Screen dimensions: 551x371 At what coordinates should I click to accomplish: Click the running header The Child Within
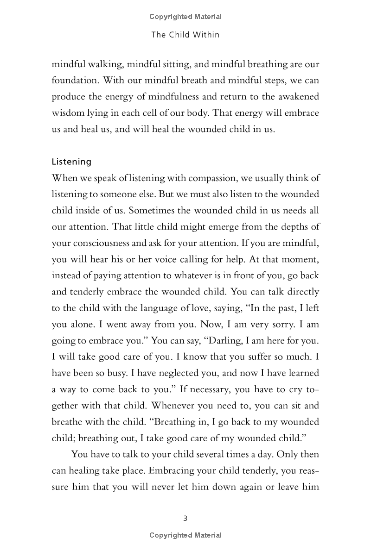[x=185, y=35]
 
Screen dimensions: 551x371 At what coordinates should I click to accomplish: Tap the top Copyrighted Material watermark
[x=185, y=17]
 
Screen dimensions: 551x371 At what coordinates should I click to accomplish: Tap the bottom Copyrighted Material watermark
[x=185, y=535]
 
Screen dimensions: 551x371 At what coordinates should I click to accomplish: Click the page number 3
[x=185, y=518]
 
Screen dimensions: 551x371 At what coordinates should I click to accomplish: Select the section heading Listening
[x=71, y=162]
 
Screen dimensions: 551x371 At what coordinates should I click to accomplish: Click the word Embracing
[x=168, y=471]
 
